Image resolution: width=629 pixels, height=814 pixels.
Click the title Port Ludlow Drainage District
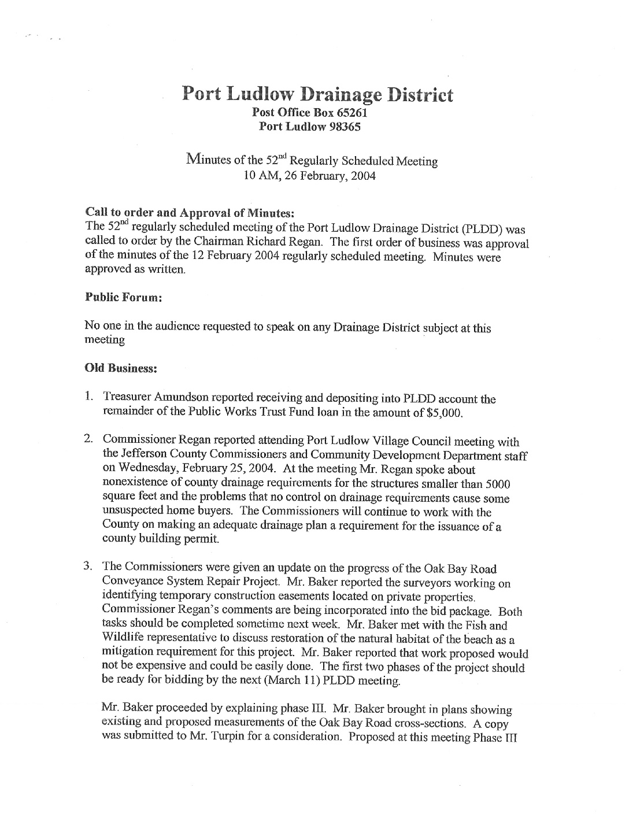[317, 94]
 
